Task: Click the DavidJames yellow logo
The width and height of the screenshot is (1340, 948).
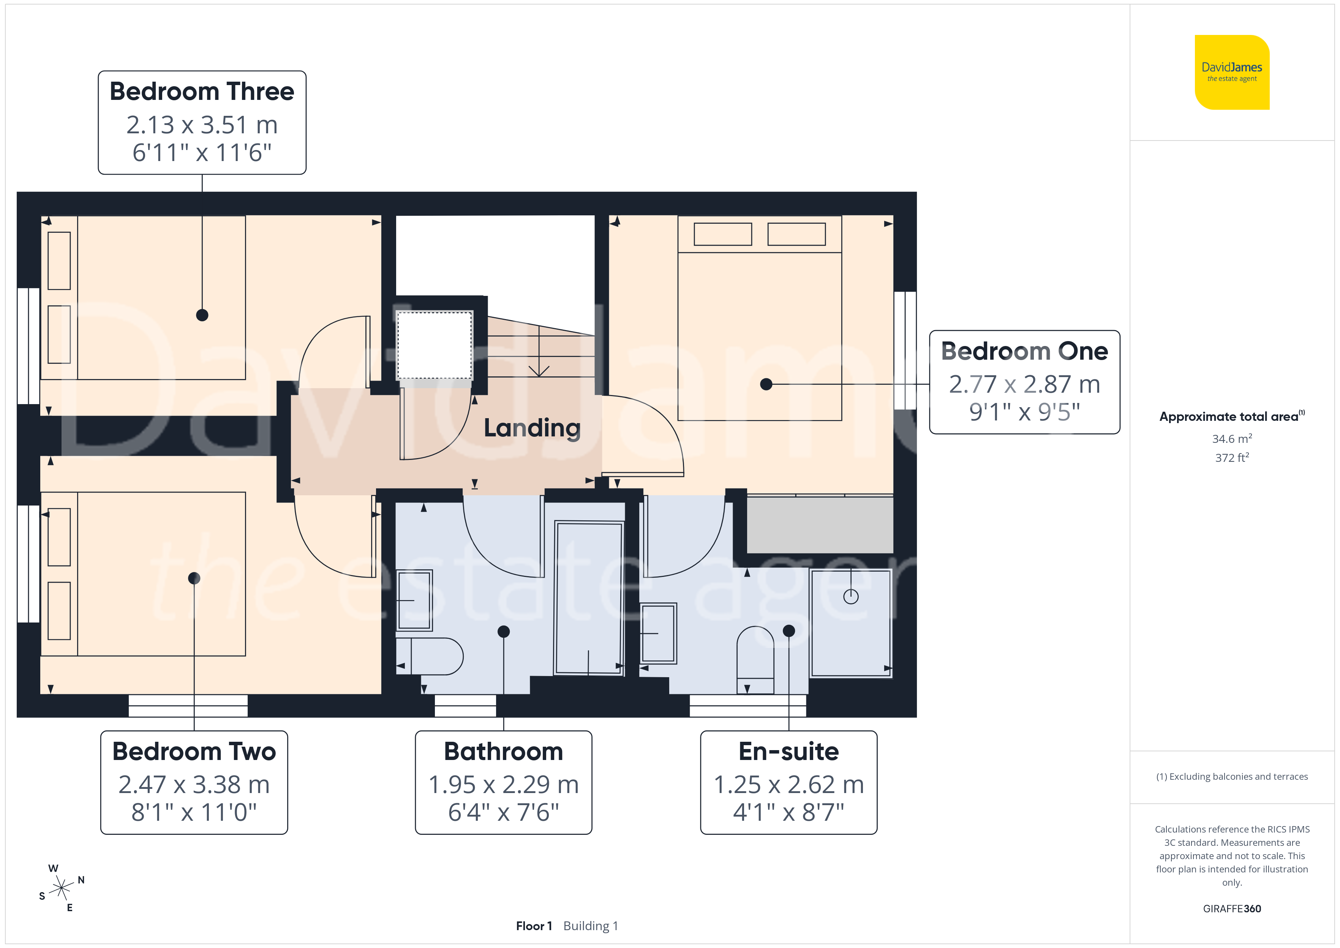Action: point(1232,73)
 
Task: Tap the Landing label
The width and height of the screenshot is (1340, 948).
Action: point(532,428)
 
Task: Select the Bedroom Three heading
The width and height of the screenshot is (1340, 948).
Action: point(202,92)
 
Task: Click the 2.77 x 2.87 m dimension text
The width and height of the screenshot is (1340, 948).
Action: point(1024,384)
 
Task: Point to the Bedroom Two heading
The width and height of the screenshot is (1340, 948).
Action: point(194,751)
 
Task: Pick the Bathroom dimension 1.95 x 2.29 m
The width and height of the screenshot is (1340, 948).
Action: point(504,785)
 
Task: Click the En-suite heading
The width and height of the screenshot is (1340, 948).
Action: point(789,751)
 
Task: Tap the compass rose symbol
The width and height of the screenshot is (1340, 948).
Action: point(61,888)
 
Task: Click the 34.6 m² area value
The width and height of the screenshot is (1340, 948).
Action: point(1232,438)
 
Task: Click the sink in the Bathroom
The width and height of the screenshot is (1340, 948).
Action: point(414,600)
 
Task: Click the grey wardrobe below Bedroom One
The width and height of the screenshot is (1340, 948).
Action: point(820,524)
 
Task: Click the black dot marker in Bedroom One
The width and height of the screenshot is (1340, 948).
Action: point(766,384)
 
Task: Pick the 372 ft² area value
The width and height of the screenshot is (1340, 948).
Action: point(1232,458)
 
